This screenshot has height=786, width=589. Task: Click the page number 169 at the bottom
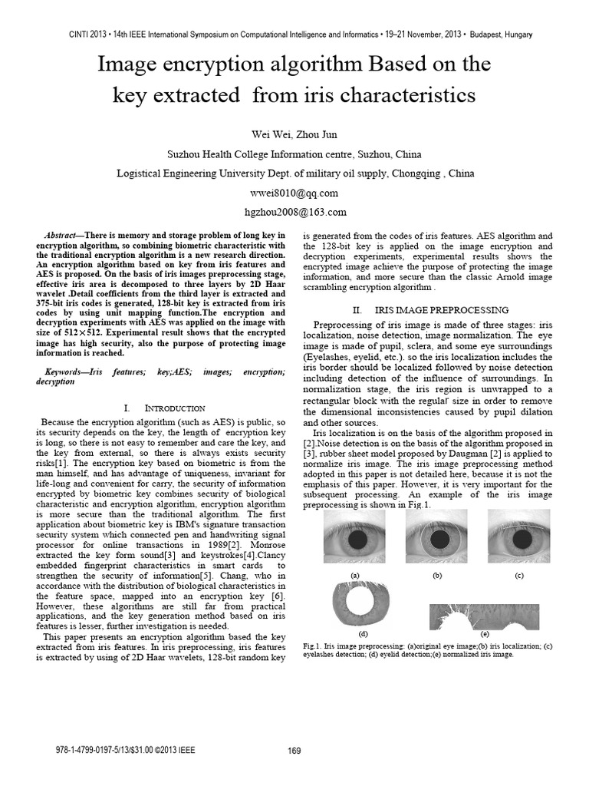(x=294, y=751)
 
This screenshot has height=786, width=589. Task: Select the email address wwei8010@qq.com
(x=294, y=193)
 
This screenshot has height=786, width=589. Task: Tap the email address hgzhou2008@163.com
(x=294, y=211)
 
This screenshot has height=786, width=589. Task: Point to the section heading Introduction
(x=164, y=408)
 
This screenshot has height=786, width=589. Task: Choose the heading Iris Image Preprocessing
(x=429, y=310)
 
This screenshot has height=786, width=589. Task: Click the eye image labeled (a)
(x=354, y=540)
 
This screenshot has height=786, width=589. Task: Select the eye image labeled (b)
(x=436, y=540)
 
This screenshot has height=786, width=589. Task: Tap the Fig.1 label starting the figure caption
(x=313, y=647)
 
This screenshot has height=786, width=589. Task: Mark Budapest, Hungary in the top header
(x=498, y=35)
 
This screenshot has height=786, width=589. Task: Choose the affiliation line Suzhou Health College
(x=294, y=154)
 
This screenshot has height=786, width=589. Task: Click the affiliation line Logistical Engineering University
(x=294, y=173)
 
